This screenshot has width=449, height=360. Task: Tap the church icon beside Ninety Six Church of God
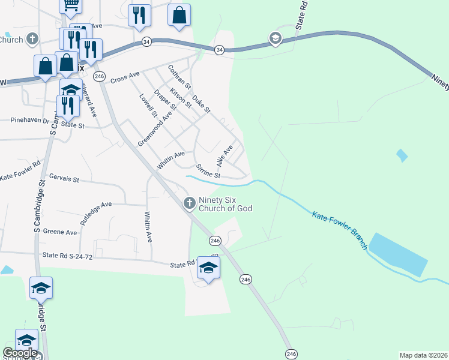pyautogui.click(x=190, y=203)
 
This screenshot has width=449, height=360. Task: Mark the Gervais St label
pyautogui.click(x=65, y=179)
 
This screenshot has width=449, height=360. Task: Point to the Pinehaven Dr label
pyautogui.click(x=29, y=120)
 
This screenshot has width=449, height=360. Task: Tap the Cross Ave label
pyautogui.click(x=125, y=77)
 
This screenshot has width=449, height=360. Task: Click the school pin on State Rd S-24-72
pyautogui.click(x=208, y=268)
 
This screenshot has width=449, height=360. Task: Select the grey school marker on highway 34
pyautogui.click(x=276, y=39)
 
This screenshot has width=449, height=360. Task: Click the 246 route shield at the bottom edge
pyautogui.click(x=291, y=353)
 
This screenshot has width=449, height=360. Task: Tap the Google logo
pyautogui.click(x=20, y=353)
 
